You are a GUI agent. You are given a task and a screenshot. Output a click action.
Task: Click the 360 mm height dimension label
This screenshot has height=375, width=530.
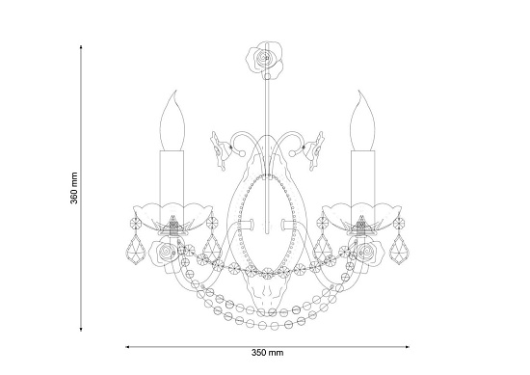coord(74,188)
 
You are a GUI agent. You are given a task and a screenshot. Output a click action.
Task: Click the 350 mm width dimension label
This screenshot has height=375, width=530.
coord(267,353)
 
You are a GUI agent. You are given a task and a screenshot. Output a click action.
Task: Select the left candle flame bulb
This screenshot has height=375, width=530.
coord(172,121)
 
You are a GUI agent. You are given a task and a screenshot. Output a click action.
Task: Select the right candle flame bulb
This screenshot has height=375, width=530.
coord(363,121)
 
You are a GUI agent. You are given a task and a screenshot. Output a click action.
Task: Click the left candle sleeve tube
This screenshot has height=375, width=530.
coord(172,186)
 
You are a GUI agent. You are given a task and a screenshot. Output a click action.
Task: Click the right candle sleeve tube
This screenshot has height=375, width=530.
coord(363,186)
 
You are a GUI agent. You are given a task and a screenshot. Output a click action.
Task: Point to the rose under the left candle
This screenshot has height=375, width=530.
coord(166,253)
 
